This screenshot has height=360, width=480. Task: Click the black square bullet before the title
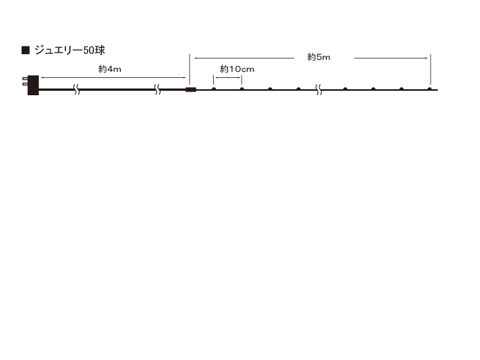click(25, 51)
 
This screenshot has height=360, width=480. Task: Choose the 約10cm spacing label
click(238, 70)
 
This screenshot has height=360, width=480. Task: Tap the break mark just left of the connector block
click(157, 90)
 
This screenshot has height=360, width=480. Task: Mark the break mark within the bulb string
click(319, 90)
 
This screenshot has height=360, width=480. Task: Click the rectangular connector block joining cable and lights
click(190, 90)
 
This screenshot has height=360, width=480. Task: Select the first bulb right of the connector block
click(214, 89)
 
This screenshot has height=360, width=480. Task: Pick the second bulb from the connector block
click(242, 89)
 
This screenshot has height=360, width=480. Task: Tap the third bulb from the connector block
click(270, 89)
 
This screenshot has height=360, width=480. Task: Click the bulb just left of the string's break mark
click(298, 89)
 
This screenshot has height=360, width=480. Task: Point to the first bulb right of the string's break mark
click(345, 89)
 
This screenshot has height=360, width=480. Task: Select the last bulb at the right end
click(430, 89)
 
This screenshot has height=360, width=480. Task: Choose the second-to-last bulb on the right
click(401, 89)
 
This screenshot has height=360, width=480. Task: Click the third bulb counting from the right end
click(373, 89)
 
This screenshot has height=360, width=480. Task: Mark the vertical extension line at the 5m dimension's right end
click(430, 70)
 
